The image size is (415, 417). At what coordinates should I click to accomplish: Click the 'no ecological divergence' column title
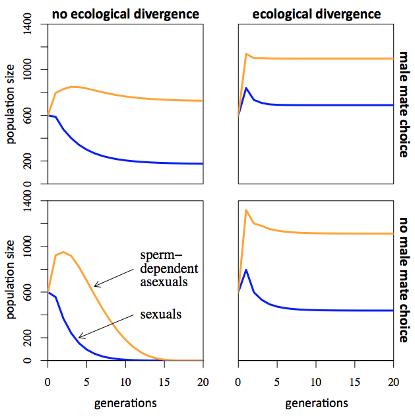point(125,13)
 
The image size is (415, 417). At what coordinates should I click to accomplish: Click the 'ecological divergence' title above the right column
point(315,13)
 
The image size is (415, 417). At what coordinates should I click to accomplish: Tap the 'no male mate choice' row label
point(403,280)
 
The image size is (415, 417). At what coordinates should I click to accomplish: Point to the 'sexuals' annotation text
point(160,313)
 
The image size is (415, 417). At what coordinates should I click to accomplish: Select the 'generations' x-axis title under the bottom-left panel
point(125,402)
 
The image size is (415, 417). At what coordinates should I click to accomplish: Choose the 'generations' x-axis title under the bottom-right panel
point(316,402)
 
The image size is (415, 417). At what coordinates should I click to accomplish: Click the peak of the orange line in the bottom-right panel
point(246,210)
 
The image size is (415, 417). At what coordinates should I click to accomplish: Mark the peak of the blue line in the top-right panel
point(246,88)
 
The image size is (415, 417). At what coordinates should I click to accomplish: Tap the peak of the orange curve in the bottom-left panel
point(63,252)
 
